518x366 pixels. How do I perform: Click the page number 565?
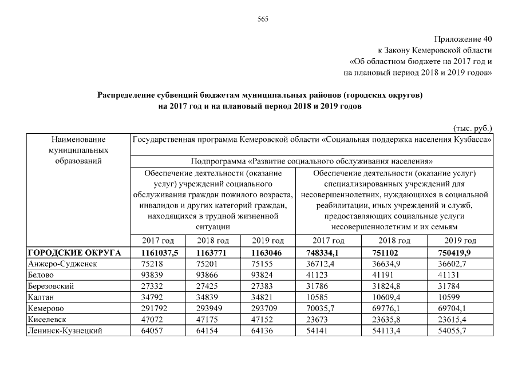[263, 19]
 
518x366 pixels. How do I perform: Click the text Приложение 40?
[462, 39]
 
